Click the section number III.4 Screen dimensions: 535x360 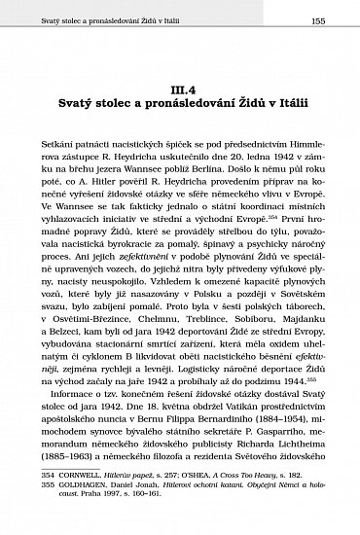(179, 89)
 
